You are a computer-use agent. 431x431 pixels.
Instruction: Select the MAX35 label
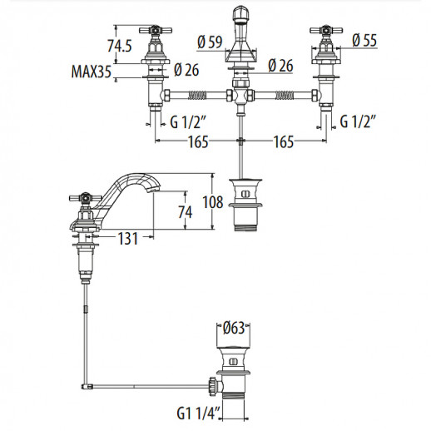[93, 74]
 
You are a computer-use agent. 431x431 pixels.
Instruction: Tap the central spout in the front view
[240, 33]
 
